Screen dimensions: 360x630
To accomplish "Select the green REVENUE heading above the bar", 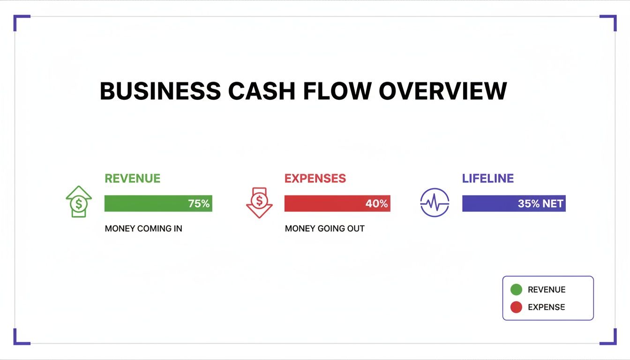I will point(133,179).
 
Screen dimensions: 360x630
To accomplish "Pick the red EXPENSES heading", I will point(315,179).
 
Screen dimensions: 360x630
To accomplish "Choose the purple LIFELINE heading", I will point(488,179).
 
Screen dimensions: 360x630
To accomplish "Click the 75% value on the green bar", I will point(199,204).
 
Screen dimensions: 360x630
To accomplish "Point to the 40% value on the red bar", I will point(376,204).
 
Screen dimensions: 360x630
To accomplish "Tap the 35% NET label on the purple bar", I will point(540,204).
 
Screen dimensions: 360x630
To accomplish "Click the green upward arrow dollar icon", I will point(79,202).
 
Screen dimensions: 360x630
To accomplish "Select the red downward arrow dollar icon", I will point(259,202).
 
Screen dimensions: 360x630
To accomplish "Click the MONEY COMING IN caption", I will point(143,229).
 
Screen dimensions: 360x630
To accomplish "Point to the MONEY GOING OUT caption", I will point(324,229).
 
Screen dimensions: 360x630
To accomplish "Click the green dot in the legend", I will point(516,290).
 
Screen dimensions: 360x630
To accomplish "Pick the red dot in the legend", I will point(516,307).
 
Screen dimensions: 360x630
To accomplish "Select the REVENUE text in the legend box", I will point(547,290).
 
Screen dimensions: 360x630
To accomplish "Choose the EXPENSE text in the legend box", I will point(546,307).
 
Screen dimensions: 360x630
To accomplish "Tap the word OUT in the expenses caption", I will point(355,229).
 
